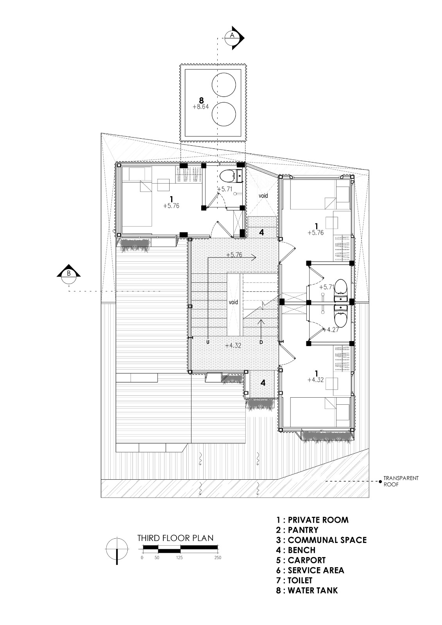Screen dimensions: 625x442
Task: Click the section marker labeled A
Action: [x=233, y=36]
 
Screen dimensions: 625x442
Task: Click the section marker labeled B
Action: [x=69, y=273]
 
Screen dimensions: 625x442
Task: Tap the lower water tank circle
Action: [x=224, y=114]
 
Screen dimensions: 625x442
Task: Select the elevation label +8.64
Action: [x=201, y=106]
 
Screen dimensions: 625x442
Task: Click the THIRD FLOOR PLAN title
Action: [x=175, y=538]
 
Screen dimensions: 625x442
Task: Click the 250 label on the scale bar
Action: [x=217, y=558]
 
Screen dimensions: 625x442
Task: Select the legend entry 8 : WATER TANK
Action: [x=307, y=590]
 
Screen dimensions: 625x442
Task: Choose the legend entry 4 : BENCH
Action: [x=295, y=550]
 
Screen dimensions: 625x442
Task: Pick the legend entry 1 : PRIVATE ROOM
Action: [x=312, y=520]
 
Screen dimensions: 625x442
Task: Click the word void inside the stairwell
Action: [x=233, y=302]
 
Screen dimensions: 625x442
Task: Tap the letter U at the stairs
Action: [x=208, y=342]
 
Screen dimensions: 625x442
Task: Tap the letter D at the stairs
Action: [x=261, y=342]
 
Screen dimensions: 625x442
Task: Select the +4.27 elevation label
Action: [x=330, y=330]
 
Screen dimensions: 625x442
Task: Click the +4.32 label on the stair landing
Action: [x=233, y=345]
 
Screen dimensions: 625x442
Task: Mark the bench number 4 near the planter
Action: [x=263, y=383]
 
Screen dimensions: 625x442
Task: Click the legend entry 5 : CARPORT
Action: [x=301, y=560]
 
